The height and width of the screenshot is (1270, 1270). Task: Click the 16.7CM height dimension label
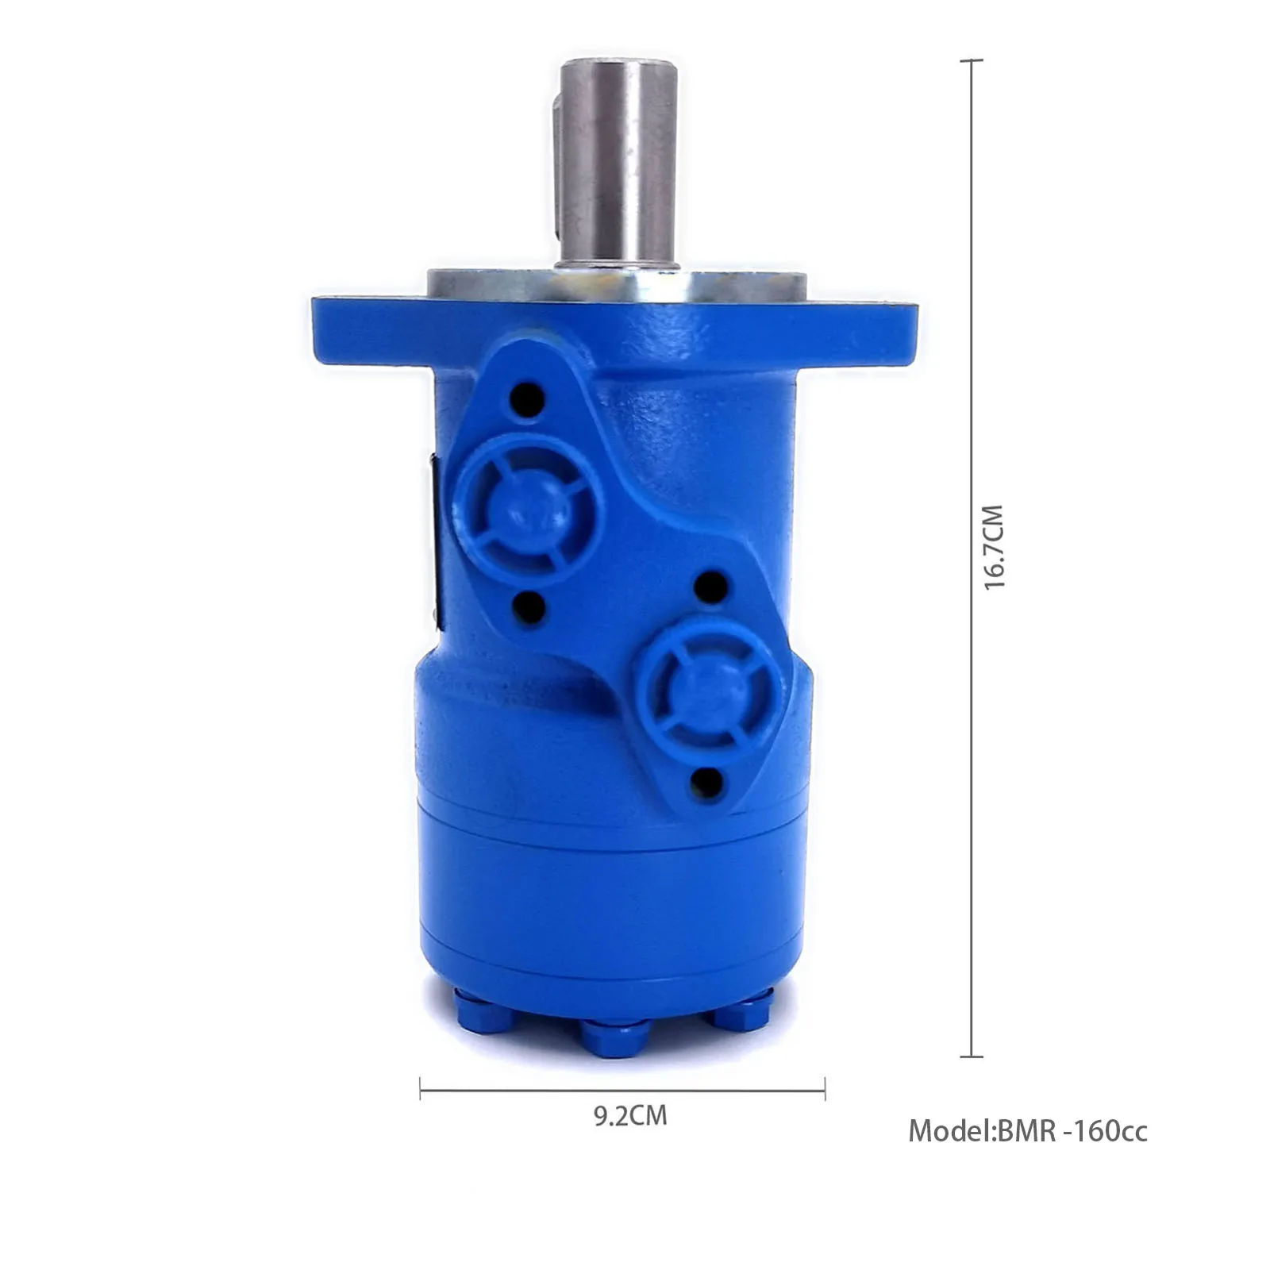994,547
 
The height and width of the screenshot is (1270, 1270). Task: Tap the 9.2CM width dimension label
630,1116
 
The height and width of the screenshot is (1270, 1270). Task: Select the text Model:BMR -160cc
1027,1130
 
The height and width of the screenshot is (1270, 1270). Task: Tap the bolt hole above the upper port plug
528,395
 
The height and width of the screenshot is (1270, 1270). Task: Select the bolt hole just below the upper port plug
529,610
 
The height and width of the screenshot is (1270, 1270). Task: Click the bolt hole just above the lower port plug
710,587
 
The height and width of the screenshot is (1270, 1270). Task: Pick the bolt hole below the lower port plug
706,782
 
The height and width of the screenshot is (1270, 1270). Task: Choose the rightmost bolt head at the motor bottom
742,1014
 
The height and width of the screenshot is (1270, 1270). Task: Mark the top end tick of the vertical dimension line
972,60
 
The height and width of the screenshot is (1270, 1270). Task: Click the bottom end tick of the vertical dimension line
972,1056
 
